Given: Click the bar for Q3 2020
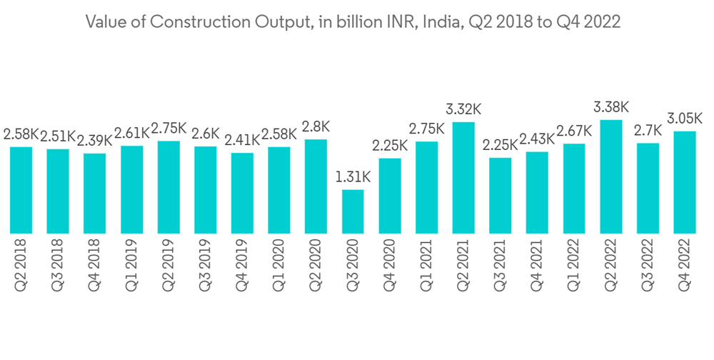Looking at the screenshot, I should point(353,211).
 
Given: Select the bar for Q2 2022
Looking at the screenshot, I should point(611,176).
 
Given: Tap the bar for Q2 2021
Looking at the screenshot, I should point(463,178).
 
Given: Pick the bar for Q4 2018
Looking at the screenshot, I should point(95,193).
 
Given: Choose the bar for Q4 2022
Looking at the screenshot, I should point(685,182).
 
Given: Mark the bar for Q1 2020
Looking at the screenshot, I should point(279,190).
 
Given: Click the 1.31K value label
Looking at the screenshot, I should point(353,176).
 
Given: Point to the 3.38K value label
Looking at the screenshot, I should point(611,107).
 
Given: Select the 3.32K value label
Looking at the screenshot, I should point(463,109).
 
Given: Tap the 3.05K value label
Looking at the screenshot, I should point(685,118).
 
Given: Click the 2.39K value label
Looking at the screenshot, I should point(95,140).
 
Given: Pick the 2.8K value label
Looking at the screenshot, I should point(316,126).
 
